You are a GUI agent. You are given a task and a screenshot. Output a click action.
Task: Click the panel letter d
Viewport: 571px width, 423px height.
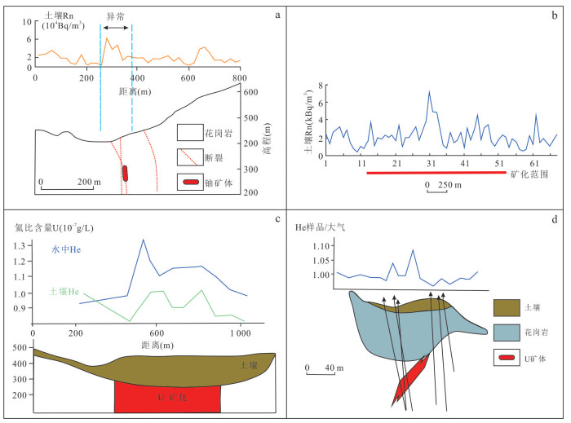(556, 218)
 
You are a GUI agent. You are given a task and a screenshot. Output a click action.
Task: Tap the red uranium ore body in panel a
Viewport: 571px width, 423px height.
(125, 173)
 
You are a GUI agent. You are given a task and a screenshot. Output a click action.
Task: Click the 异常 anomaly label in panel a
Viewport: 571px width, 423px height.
(117, 15)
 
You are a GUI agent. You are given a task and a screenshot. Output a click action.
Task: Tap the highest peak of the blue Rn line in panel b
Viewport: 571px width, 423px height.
(429, 91)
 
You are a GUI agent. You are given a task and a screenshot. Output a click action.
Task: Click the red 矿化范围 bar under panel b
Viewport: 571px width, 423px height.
(436, 174)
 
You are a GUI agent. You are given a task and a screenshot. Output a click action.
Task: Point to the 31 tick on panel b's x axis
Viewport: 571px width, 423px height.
(429, 165)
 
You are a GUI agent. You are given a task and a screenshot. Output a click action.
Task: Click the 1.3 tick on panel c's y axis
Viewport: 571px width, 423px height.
(20, 245)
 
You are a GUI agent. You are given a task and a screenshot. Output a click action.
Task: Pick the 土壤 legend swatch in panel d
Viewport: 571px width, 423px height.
(507, 307)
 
